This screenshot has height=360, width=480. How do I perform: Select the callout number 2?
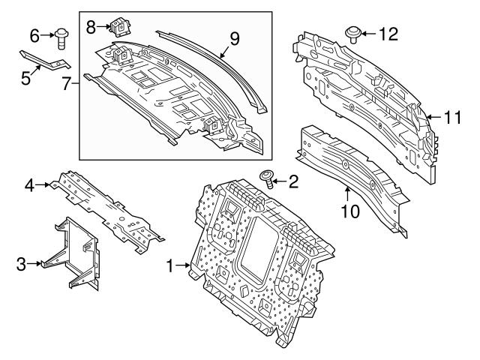pyautogui.click(x=292, y=180)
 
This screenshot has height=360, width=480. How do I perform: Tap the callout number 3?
pyautogui.click(x=21, y=263)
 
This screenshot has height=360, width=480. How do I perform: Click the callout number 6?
pyautogui.click(x=34, y=34)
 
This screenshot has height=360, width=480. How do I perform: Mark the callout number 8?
pyautogui.click(x=91, y=27)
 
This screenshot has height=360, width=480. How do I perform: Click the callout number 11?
pyautogui.click(x=450, y=117)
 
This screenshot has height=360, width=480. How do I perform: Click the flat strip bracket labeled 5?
pyautogui.click(x=45, y=61)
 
